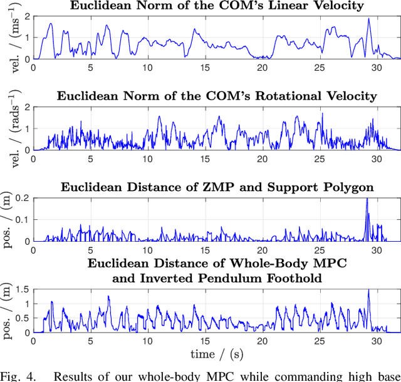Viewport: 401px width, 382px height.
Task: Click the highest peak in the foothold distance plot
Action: pos(369,291)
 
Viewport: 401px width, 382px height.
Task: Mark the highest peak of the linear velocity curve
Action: pos(369,19)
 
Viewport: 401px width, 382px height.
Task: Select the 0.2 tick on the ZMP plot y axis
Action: pos(23,197)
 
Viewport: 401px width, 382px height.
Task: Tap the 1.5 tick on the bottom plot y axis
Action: pos(23,289)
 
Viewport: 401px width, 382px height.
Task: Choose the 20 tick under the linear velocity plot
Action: pos(262,68)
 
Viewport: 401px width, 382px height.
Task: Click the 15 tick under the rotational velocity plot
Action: pos(205,159)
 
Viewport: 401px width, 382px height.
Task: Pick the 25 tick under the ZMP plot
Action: pos(320,250)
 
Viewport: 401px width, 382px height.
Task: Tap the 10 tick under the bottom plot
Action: pos(147,341)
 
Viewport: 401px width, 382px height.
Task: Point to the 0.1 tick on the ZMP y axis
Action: pos(23,219)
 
